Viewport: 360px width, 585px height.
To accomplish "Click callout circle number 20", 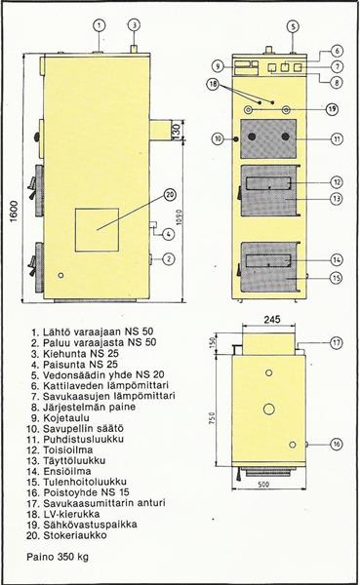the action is pos(171,194).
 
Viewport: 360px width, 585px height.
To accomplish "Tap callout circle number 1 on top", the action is pos(99,25).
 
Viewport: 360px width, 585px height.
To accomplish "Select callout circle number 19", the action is pos(332,109).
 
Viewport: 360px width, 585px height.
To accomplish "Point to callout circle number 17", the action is pos(337,342).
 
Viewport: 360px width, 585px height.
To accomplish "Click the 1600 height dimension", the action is pos(14,212).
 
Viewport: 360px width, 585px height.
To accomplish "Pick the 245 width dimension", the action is pos(272,320).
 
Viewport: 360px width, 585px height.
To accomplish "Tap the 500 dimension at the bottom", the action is pos(263,485).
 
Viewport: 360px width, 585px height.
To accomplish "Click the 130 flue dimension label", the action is pos(177,129).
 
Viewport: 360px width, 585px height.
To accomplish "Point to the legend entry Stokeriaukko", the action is pos(75,535).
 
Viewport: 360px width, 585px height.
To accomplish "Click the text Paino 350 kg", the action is pos(58,557).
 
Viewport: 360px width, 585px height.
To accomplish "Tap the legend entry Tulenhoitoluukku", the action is pos(85,482).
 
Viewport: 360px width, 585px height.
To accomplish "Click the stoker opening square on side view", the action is pos(98,230).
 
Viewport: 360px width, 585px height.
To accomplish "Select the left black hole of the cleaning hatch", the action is pos(253,136).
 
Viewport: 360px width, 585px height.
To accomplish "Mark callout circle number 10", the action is pos(218,138).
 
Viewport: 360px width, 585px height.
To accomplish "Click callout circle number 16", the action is pos(337,444).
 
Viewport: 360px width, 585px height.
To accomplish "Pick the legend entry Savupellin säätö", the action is pos(83,428).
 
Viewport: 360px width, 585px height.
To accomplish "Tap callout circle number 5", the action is pos(293,26).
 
